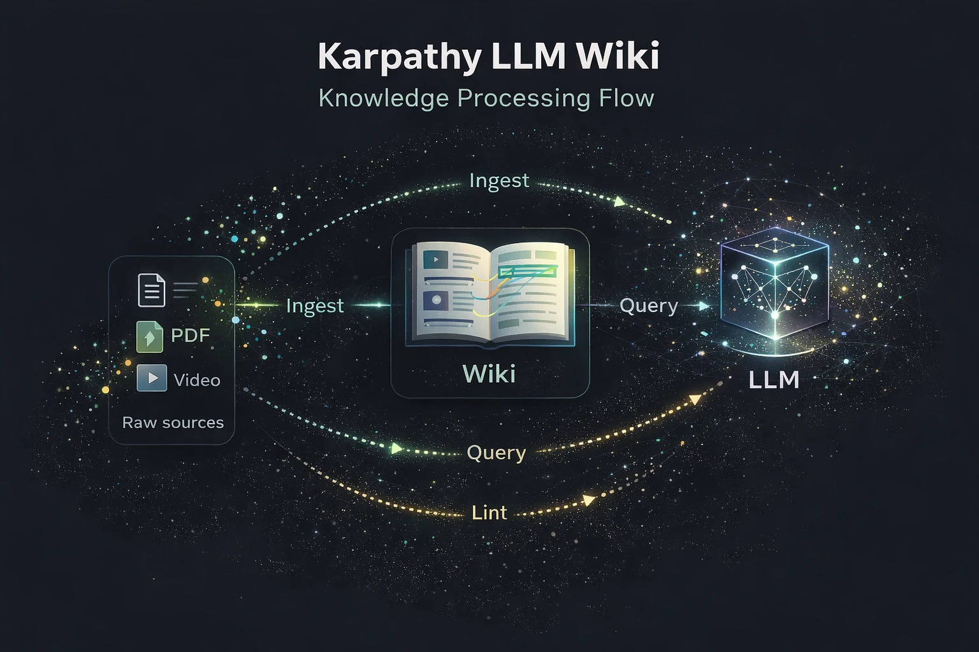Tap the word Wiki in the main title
click(618, 56)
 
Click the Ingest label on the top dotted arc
click(498, 181)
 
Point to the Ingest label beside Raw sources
click(315, 306)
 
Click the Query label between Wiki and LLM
click(648, 306)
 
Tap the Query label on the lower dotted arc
click(496, 453)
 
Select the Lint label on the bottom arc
click(489, 513)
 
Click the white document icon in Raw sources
click(152, 290)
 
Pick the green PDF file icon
click(150, 336)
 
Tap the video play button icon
click(152, 378)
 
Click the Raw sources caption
click(173, 423)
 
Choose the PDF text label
click(190, 336)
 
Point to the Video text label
click(197, 380)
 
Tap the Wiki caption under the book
click(489, 374)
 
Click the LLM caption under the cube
click(774, 380)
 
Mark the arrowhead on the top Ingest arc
click(619, 201)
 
